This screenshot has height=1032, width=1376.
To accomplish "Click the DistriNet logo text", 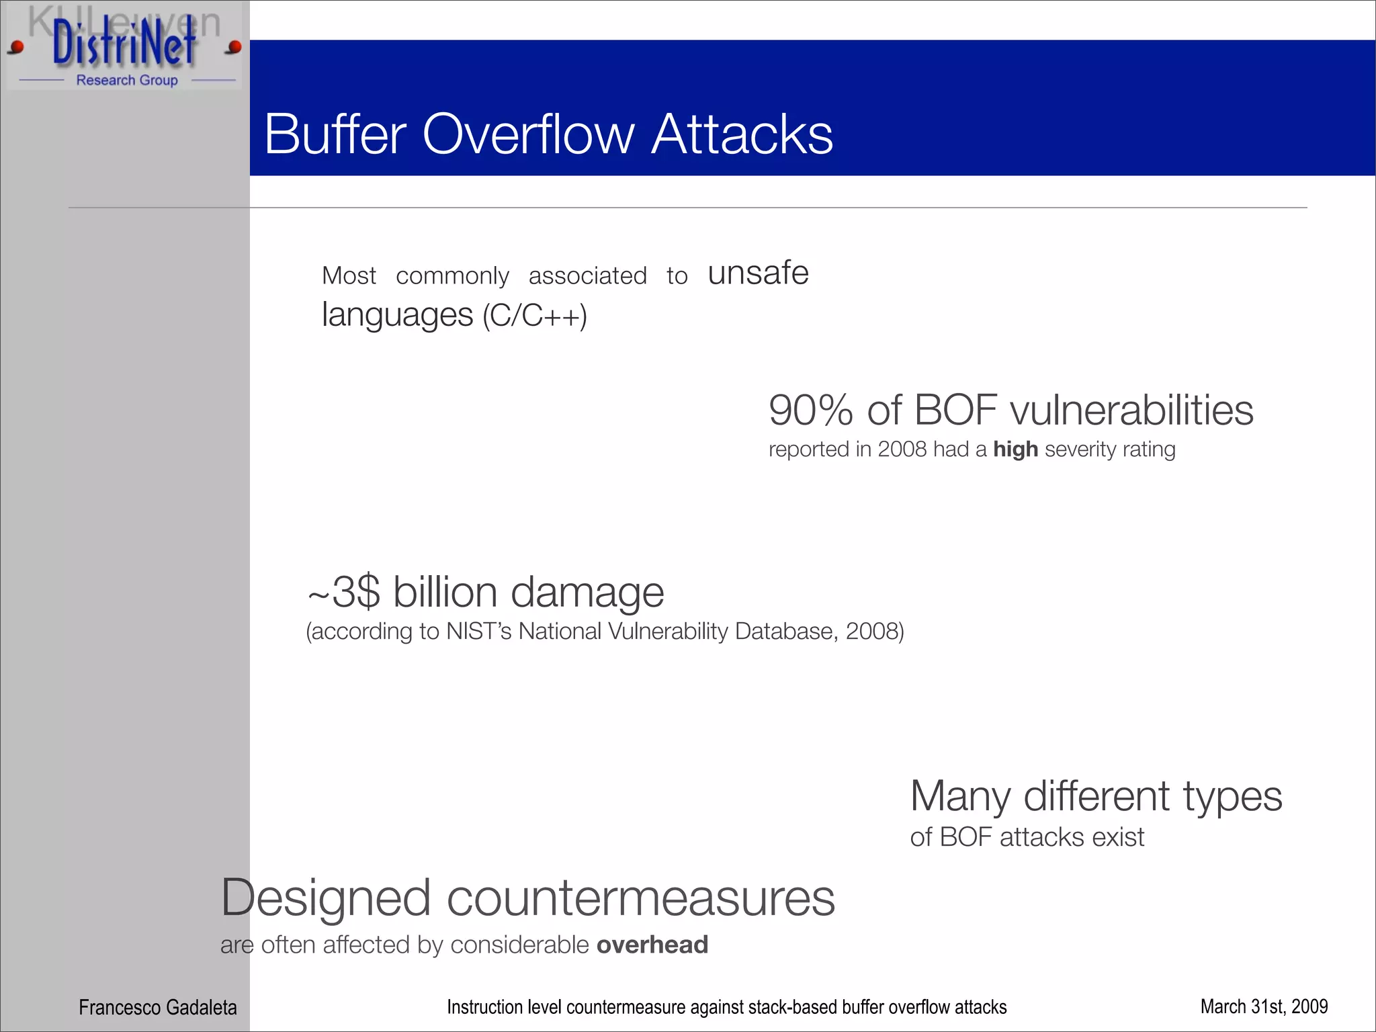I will point(124,44).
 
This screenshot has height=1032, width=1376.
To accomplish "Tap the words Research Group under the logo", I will point(127,80).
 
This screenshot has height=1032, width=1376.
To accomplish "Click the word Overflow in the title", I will point(528,134).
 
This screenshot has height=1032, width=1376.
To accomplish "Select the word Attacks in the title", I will point(742,134).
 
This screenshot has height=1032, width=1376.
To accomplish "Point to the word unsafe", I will point(758,273).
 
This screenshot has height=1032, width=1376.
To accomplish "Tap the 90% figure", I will point(811,410).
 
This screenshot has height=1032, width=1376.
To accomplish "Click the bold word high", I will point(1015,449).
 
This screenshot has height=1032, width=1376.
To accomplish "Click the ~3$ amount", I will point(345,593).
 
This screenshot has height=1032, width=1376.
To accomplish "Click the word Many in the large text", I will point(960,797).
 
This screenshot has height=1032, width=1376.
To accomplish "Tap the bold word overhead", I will point(652,945).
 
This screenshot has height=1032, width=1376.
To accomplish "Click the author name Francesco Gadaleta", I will point(158,1007).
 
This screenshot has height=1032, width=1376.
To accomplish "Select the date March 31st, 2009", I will point(1264,1006).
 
